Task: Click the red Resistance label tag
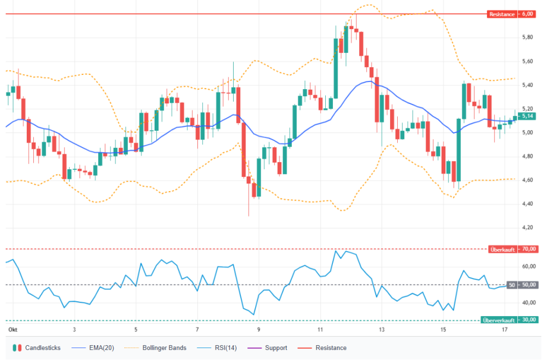(x=502, y=14)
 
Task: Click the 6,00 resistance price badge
(x=527, y=14)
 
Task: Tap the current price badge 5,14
(x=527, y=116)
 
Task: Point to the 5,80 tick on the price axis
(x=527, y=37)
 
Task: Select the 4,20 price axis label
(x=527, y=228)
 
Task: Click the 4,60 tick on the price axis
(x=527, y=180)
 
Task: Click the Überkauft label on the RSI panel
(x=502, y=250)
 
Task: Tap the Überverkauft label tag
(x=499, y=320)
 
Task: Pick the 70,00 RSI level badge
(x=529, y=249)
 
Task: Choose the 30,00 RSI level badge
(x=529, y=320)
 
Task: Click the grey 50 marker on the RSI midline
(x=512, y=285)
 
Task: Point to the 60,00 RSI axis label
(x=529, y=267)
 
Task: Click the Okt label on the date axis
(x=13, y=330)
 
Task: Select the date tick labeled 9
(x=259, y=330)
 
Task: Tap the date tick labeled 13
(x=382, y=330)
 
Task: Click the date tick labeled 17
(x=504, y=330)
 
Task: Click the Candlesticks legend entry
(x=37, y=348)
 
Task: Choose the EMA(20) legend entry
(x=93, y=348)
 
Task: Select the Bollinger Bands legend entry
(x=156, y=348)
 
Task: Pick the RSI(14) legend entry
(x=217, y=348)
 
